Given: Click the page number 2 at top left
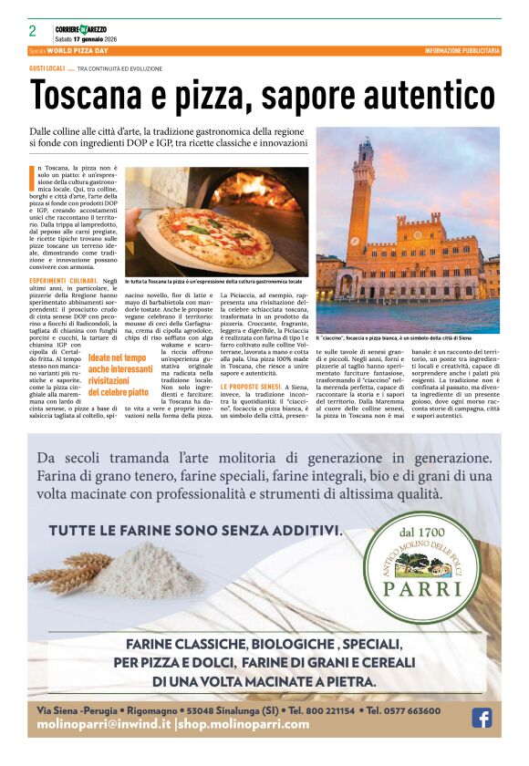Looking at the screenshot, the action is tap(32, 31).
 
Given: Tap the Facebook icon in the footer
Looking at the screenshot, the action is tap(482, 718).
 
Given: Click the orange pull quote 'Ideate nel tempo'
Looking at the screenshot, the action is tap(117, 358).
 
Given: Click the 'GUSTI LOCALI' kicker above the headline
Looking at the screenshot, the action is tap(47, 68).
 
